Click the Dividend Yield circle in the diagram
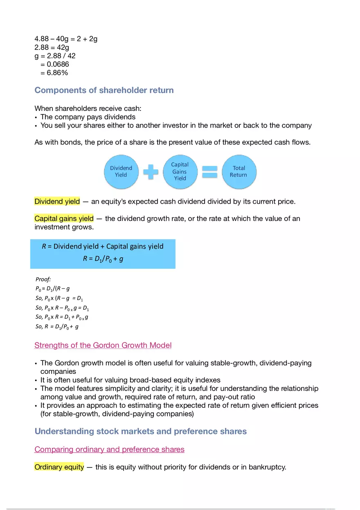tap(121, 171)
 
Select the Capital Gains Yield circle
tap(180, 171)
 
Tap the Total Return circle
tap(239, 171)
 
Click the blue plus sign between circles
tap(151, 171)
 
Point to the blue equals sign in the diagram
tap(209, 171)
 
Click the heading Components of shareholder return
tap(104, 90)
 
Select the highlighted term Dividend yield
tap(57, 202)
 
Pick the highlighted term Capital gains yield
tap(64, 218)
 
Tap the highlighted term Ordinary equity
tap(59, 467)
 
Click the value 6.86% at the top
tap(54, 73)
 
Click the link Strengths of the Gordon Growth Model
tap(103, 345)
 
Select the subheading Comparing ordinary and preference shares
tap(109, 449)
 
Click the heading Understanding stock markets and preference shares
tap(140, 431)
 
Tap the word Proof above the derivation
tap(43, 279)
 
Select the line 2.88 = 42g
tap(52, 47)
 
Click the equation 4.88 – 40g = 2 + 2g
tap(66, 39)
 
